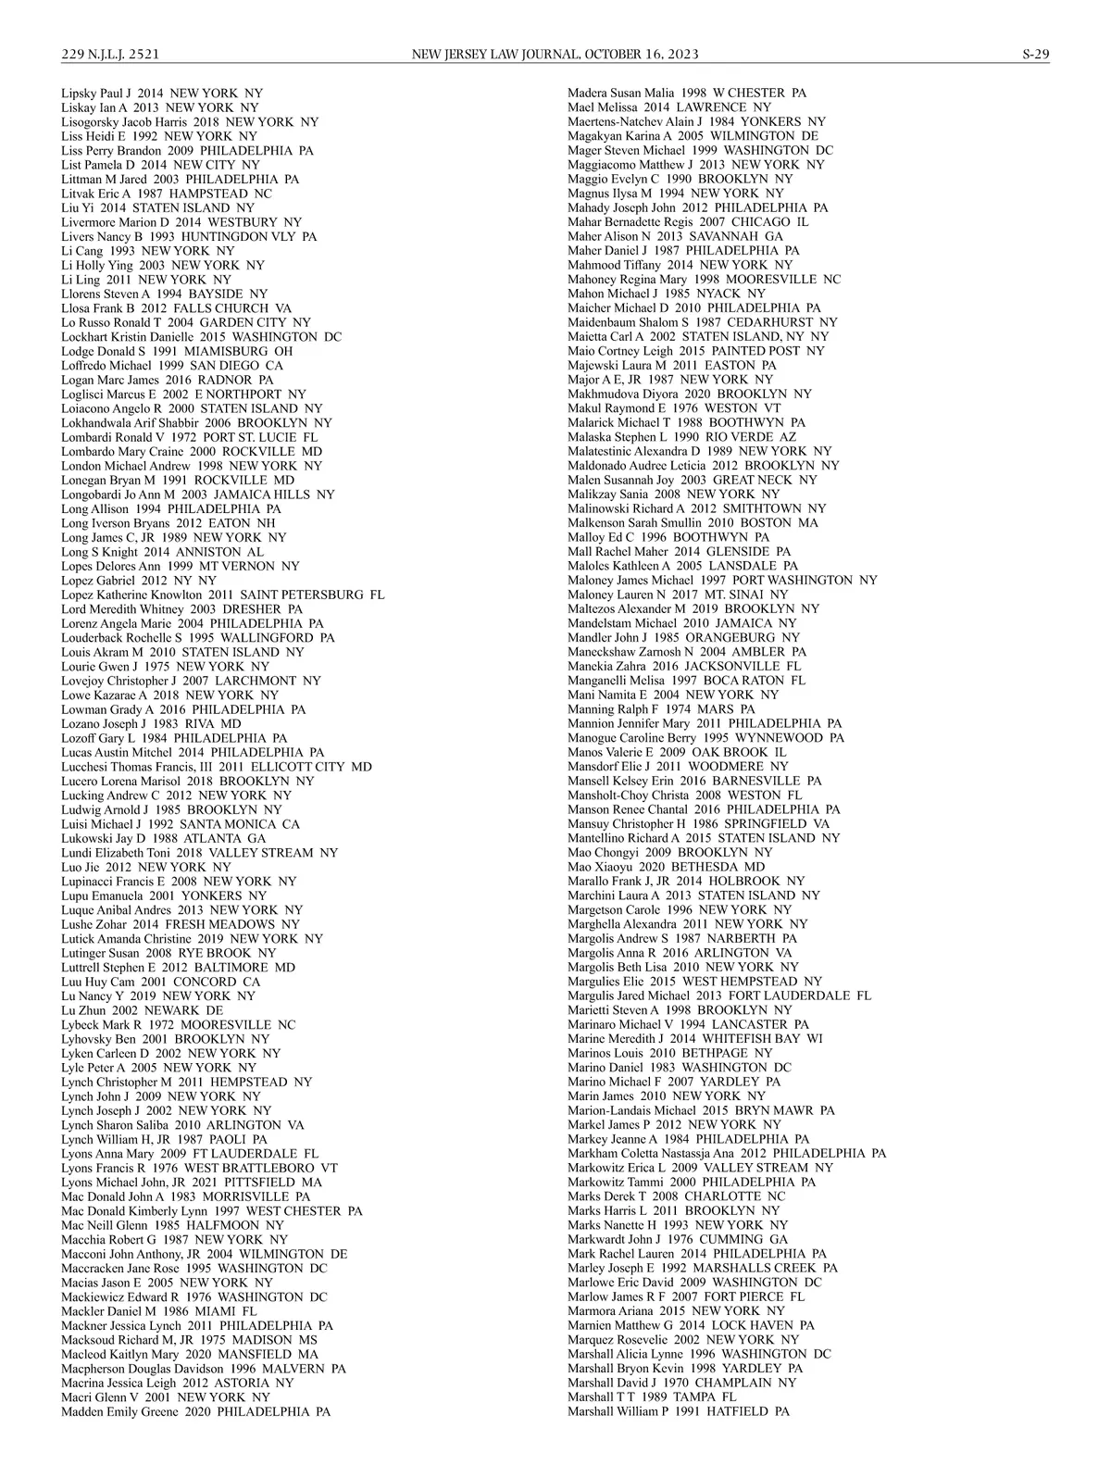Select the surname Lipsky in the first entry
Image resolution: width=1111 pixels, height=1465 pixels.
click(x=80, y=94)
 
